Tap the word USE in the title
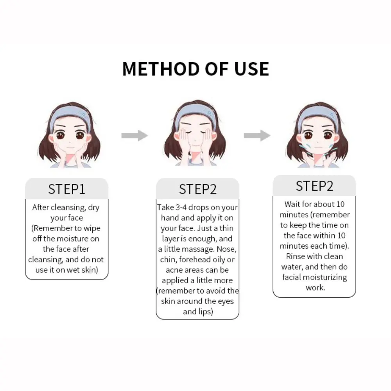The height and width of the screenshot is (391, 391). click(x=249, y=68)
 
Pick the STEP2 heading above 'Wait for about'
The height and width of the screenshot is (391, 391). click(x=314, y=186)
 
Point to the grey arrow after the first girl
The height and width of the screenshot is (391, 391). click(x=134, y=136)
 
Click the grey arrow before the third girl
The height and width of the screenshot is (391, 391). click(x=257, y=136)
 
